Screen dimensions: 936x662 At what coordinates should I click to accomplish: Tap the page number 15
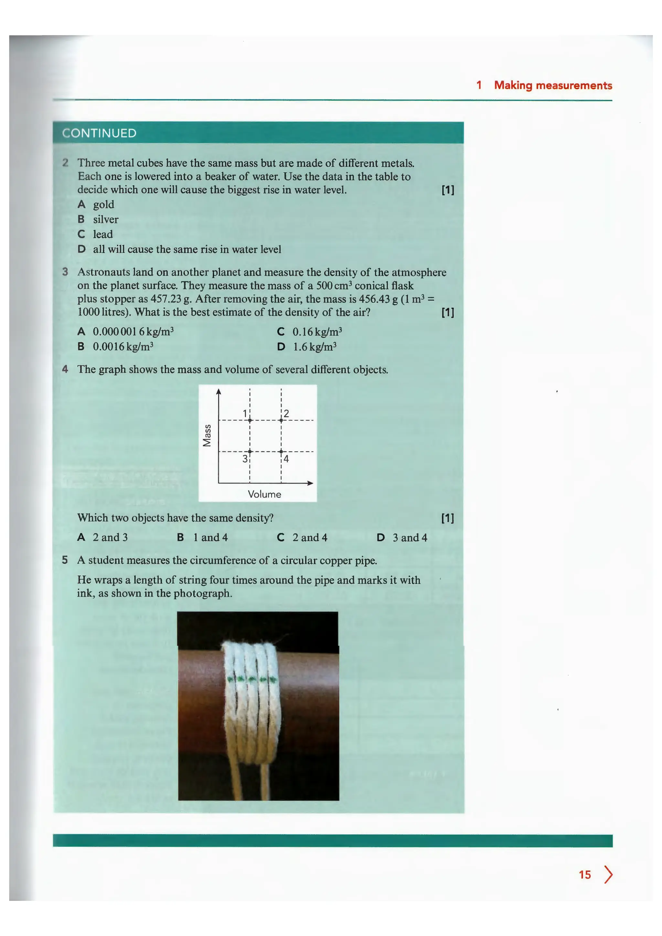pyautogui.click(x=584, y=875)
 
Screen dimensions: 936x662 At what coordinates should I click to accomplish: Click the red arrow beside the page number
pyautogui.click(x=608, y=875)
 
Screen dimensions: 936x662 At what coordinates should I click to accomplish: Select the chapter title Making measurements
pyautogui.click(x=553, y=85)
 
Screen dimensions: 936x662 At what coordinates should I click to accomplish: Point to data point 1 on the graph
pyautogui.click(x=250, y=420)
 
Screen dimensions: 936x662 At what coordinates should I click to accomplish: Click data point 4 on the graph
pyautogui.click(x=281, y=451)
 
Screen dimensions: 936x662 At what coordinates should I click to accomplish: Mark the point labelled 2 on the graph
pyautogui.click(x=281, y=420)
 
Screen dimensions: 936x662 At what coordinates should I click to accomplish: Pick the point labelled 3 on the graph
pyautogui.click(x=250, y=451)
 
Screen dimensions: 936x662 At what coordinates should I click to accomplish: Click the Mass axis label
pyautogui.click(x=207, y=435)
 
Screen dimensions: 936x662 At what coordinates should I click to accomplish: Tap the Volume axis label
pyautogui.click(x=264, y=494)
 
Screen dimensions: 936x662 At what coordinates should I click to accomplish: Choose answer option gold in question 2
pyautogui.click(x=103, y=204)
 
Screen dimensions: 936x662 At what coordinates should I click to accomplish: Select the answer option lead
pyautogui.click(x=103, y=234)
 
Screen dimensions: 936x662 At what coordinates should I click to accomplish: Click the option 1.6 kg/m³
pyautogui.click(x=314, y=347)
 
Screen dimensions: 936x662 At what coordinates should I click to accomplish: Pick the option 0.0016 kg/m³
pyautogui.click(x=123, y=346)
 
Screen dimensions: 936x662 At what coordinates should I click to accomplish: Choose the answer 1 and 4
pyautogui.click(x=210, y=537)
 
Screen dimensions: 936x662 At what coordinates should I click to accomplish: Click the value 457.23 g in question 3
pyautogui.click(x=171, y=299)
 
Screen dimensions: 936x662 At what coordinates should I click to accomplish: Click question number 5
pyautogui.click(x=65, y=560)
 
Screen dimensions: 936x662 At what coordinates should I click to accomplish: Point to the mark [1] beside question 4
pyautogui.click(x=448, y=518)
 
